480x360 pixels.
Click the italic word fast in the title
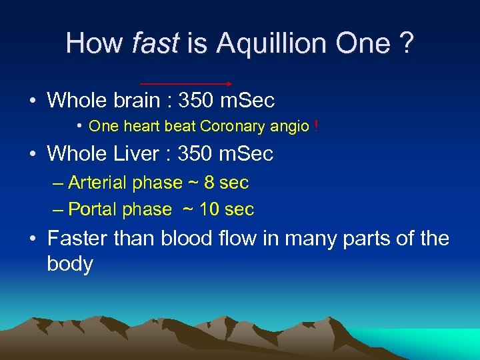[155, 44]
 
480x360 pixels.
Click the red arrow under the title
[186, 84]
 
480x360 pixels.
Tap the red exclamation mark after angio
[315, 126]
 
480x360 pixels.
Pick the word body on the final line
[70, 264]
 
